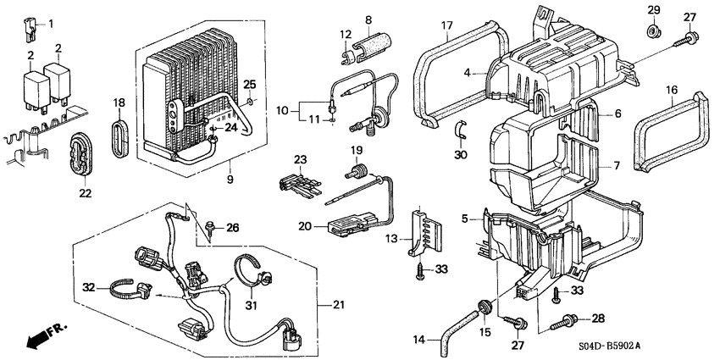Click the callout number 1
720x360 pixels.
tap(49, 23)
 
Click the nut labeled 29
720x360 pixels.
tap(654, 32)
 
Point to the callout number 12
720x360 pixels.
tap(346, 33)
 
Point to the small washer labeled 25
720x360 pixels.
tap(251, 103)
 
